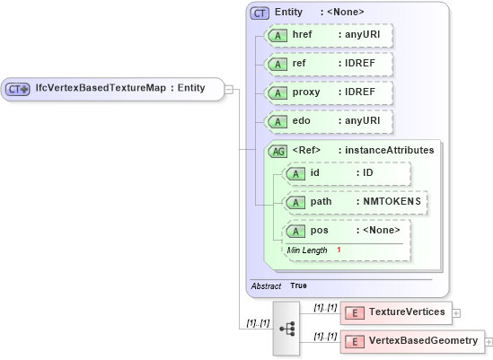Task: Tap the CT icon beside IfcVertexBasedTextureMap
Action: click(18, 89)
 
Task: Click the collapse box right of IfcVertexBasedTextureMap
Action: click(229, 89)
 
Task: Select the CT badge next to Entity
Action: click(260, 13)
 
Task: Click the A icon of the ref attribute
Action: click(278, 65)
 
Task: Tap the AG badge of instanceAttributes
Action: click(278, 151)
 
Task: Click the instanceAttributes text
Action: click(392, 150)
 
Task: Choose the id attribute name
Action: click(315, 172)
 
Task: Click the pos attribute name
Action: click(319, 231)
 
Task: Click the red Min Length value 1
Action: click(339, 250)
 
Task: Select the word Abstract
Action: click(266, 285)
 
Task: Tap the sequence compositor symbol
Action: click(287, 329)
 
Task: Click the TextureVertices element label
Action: click(407, 312)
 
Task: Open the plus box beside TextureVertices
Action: click(457, 312)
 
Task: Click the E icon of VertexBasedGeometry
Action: click(354, 341)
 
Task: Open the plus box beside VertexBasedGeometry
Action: click(489, 341)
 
